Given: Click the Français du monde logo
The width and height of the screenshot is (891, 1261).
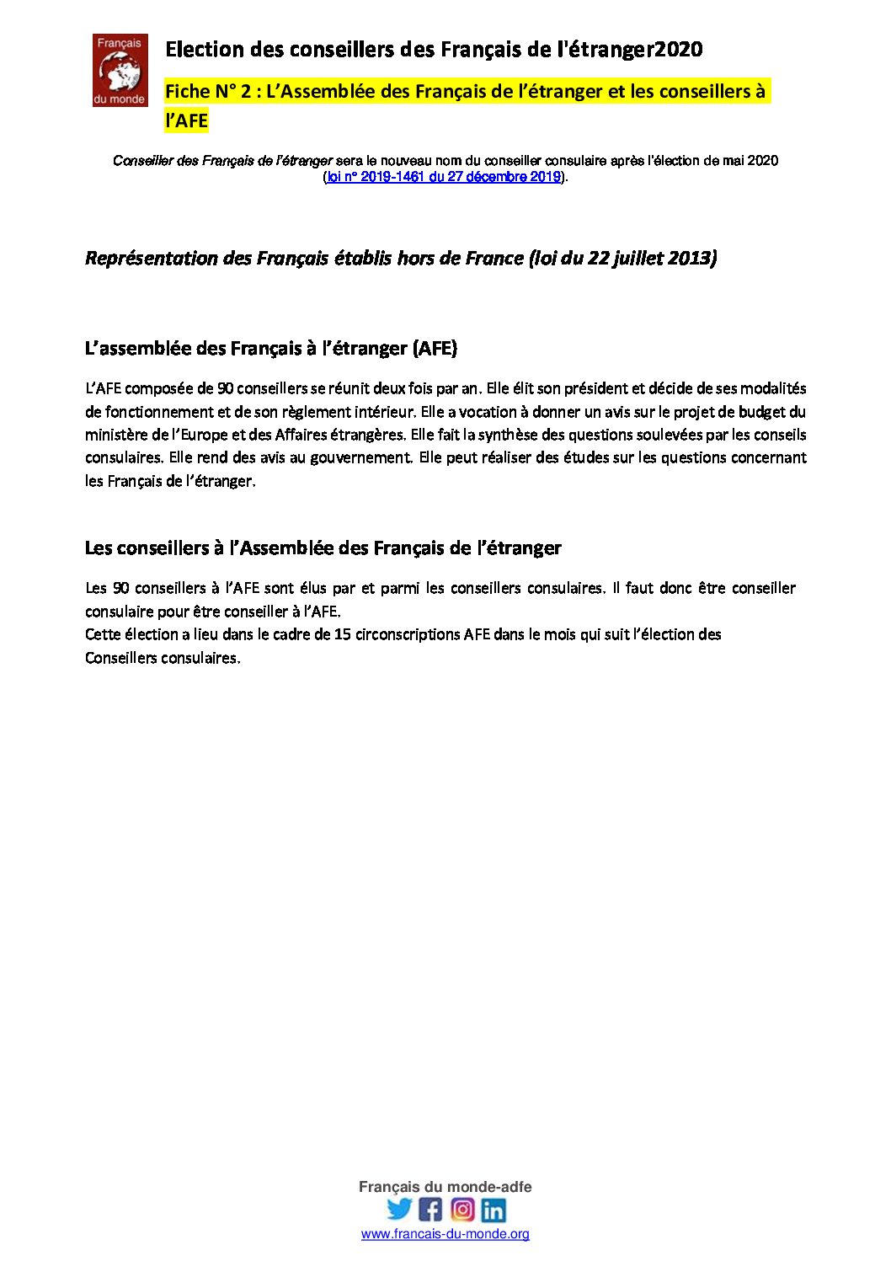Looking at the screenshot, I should click(x=120, y=70).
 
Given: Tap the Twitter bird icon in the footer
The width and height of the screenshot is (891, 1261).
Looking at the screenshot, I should click(x=399, y=1210).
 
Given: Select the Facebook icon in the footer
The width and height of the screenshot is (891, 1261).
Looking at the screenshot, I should click(x=430, y=1210).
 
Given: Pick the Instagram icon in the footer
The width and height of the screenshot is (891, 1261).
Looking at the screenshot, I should click(x=462, y=1210).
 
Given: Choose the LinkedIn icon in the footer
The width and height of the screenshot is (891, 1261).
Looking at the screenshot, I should click(x=494, y=1210).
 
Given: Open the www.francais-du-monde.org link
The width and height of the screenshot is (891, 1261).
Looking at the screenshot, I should click(x=445, y=1234).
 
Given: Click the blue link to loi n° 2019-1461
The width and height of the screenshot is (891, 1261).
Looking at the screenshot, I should click(x=443, y=177).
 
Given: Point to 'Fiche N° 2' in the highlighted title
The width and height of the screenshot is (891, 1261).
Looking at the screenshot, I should click(x=208, y=92).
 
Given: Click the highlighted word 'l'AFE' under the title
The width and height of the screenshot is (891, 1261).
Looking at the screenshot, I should click(x=186, y=120).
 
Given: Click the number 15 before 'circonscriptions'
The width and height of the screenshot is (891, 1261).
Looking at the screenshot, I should click(x=342, y=634).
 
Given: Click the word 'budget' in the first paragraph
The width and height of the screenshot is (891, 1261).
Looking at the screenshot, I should click(x=762, y=412).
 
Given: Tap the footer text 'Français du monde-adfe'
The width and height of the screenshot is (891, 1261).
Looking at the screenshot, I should click(x=445, y=1187).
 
